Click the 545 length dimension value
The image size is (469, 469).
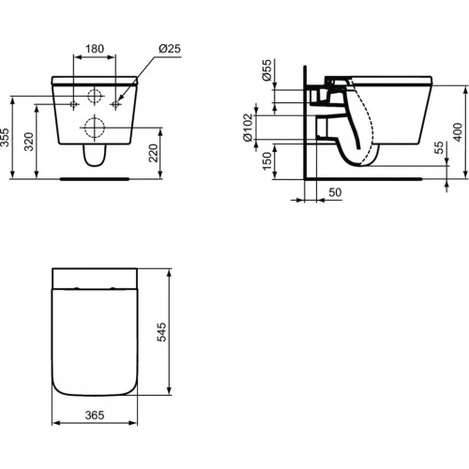pyautogui.click(x=163, y=333)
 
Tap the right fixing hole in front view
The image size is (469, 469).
pyautogui.click(x=116, y=100)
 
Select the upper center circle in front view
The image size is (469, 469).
pyautogui.click(x=94, y=97)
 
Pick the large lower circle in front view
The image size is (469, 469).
pyautogui.click(x=94, y=127)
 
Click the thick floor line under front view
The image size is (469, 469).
pyautogui.click(x=94, y=175)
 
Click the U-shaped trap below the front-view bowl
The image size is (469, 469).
pyautogui.click(x=94, y=159)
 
